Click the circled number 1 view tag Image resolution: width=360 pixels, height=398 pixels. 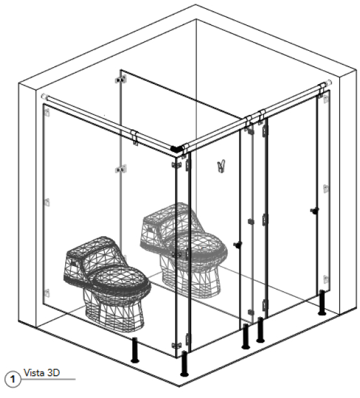[13, 379]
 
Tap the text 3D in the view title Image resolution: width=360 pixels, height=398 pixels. [53, 373]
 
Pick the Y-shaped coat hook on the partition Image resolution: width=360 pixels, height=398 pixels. [221, 166]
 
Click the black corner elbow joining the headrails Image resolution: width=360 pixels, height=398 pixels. [176, 149]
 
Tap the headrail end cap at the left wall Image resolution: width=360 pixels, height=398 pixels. [45, 97]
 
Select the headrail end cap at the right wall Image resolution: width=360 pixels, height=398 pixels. [328, 83]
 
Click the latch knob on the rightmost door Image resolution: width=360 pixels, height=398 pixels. [315, 210]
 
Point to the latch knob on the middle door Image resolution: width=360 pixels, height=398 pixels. [238, 245]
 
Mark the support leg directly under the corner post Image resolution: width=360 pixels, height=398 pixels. [184, 363]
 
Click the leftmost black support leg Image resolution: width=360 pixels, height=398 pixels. [135, 350]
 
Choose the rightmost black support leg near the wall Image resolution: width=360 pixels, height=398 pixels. [322, 303]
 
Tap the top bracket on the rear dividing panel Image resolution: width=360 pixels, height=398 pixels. [121, 80]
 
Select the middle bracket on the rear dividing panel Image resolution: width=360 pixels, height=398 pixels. [121, 169]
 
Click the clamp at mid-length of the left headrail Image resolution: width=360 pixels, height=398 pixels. [134, 137]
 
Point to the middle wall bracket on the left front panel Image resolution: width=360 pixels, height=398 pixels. [47, 203]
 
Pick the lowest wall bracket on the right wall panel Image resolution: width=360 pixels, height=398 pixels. [326, 279]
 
